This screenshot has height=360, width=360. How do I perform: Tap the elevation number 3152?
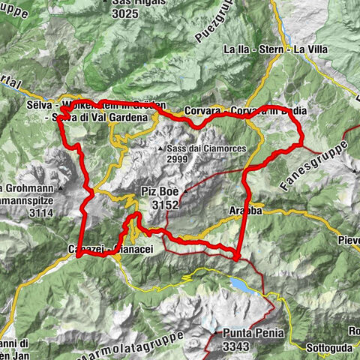point(162,204)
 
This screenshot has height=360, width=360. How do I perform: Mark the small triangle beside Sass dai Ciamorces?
point(161,149)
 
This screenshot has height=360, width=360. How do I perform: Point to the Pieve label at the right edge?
point(347,240)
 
